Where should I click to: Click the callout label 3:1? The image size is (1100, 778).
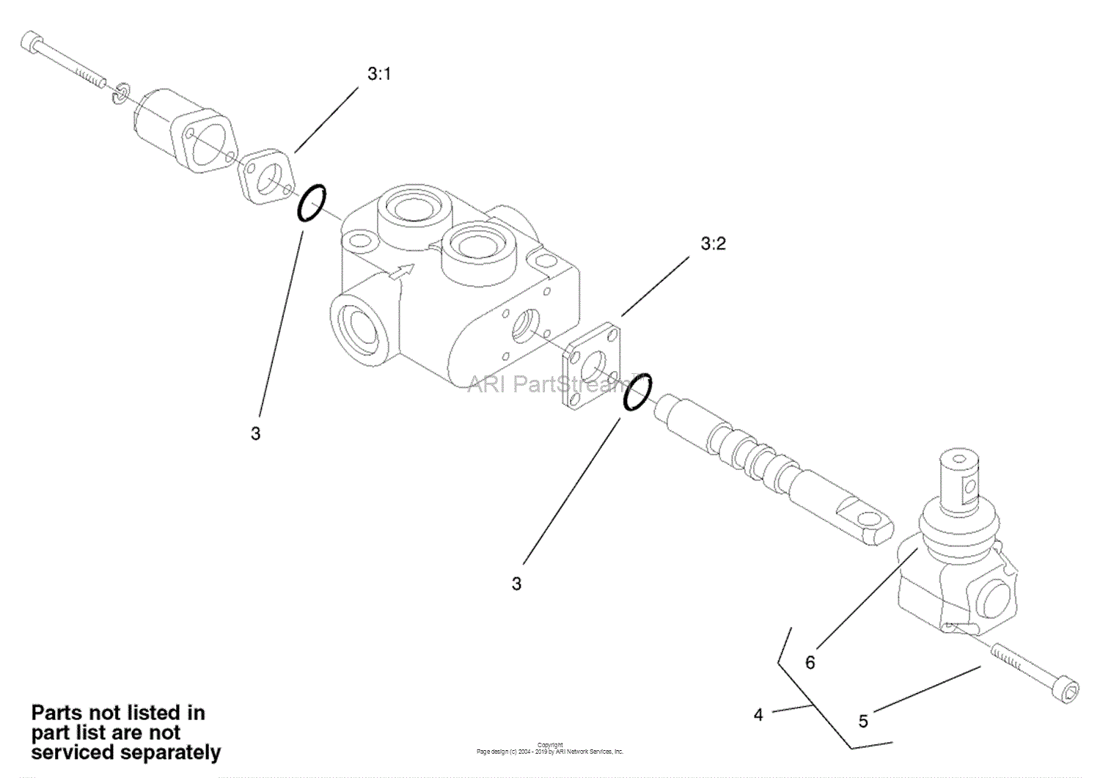[x=379, y=75]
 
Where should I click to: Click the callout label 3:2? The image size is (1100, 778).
[x=713, y=243]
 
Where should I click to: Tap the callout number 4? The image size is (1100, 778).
[x=758, y=715]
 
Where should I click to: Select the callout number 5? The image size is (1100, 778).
[x=863, y=721]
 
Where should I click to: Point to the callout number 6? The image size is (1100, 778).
[x=810, y=663]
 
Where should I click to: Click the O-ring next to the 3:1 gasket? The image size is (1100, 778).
[x=311, y=203]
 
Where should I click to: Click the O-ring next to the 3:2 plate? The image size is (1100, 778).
[x=638, y=392]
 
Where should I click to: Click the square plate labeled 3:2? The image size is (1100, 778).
[x=593, y=364]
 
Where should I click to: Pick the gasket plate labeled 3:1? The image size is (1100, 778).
[x=267, y=175]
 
